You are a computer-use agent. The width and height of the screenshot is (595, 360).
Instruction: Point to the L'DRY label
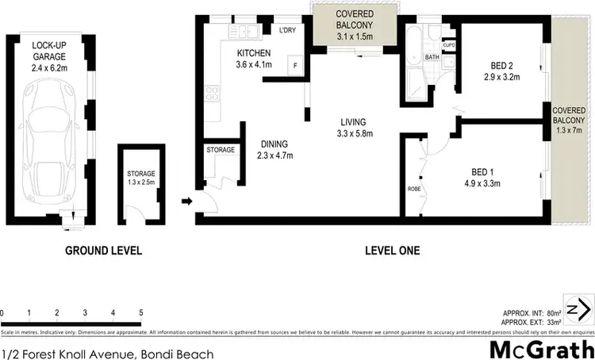tap(287, 32)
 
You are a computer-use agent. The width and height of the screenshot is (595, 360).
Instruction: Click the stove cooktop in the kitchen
tap(212, 93)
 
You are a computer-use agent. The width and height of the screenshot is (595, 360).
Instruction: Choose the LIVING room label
tap(352, 122)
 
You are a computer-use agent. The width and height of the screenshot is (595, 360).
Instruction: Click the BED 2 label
tap(499, 67)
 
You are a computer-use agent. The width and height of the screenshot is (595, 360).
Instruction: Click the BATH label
tap(432, 57)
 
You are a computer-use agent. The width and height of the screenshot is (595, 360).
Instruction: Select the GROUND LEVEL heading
tap(103, 251)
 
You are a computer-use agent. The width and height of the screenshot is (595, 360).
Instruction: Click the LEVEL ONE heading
tap(392, 251)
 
